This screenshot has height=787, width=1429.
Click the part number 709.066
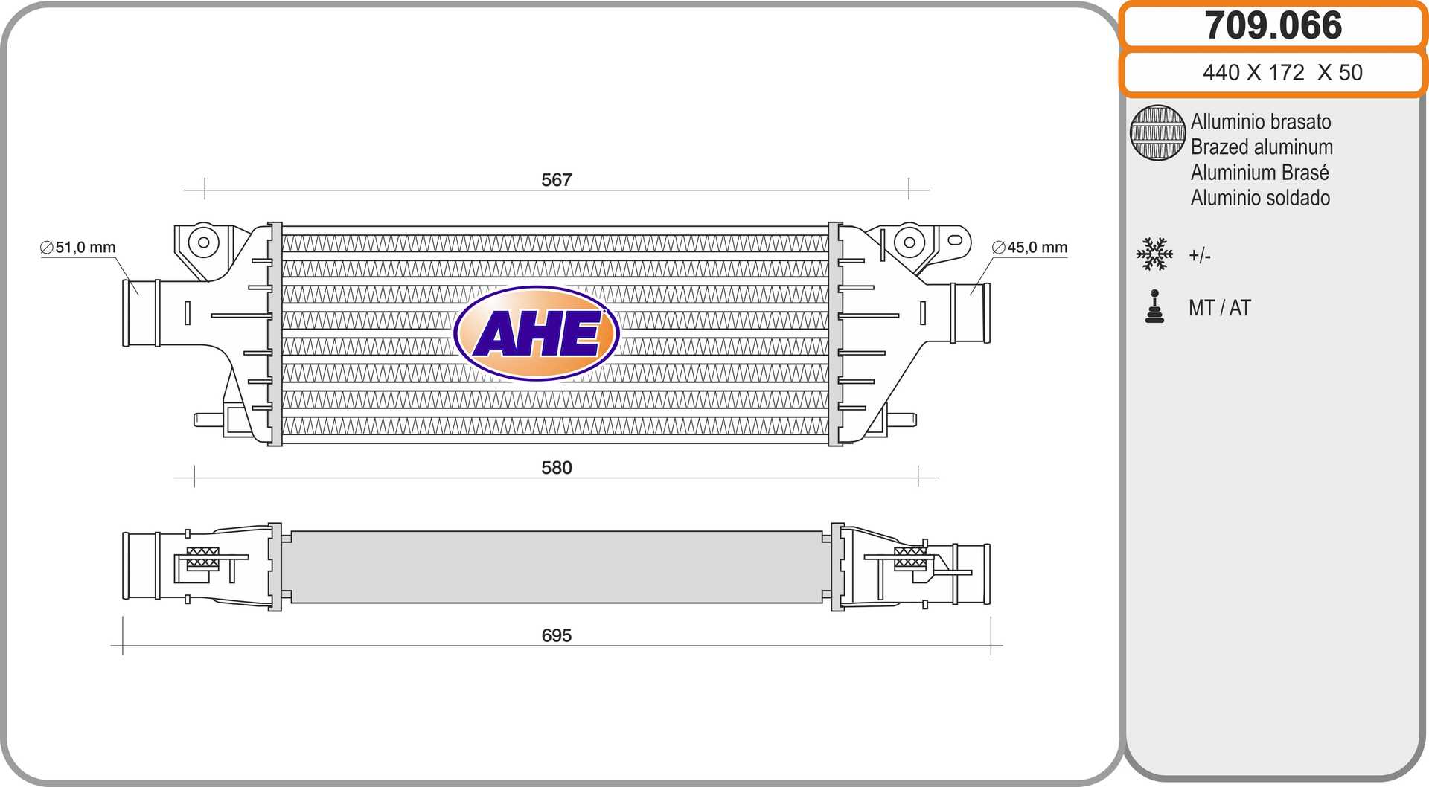(1273, 25)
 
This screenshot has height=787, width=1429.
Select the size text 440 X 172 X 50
(1282, 72)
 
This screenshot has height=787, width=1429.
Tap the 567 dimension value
(556, 180)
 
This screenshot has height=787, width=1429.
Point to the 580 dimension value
(556, 468)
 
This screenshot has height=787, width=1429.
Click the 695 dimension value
(556, 635)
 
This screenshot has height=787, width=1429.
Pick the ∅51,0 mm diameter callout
(78, 247)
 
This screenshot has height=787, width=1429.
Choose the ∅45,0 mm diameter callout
(1030, 247)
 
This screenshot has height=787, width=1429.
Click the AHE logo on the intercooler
(537, 333)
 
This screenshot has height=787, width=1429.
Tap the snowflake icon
(1154, 254)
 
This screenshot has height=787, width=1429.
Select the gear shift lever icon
(1154, 306)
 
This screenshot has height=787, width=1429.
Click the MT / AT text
(1219, 308)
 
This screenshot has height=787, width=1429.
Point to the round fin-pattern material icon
(1157, 132)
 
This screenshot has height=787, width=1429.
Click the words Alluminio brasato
(1261, 121)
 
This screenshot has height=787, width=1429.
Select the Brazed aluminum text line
(1262, 147)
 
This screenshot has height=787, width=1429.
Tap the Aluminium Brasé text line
(1259, 172)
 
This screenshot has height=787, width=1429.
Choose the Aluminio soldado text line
(1260, 198)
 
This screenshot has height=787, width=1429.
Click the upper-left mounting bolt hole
(203, 241)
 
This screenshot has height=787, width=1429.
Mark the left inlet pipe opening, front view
(141, 313)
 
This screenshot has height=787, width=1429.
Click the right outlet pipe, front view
(971, 312)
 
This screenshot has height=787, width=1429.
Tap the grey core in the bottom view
(557, 567)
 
